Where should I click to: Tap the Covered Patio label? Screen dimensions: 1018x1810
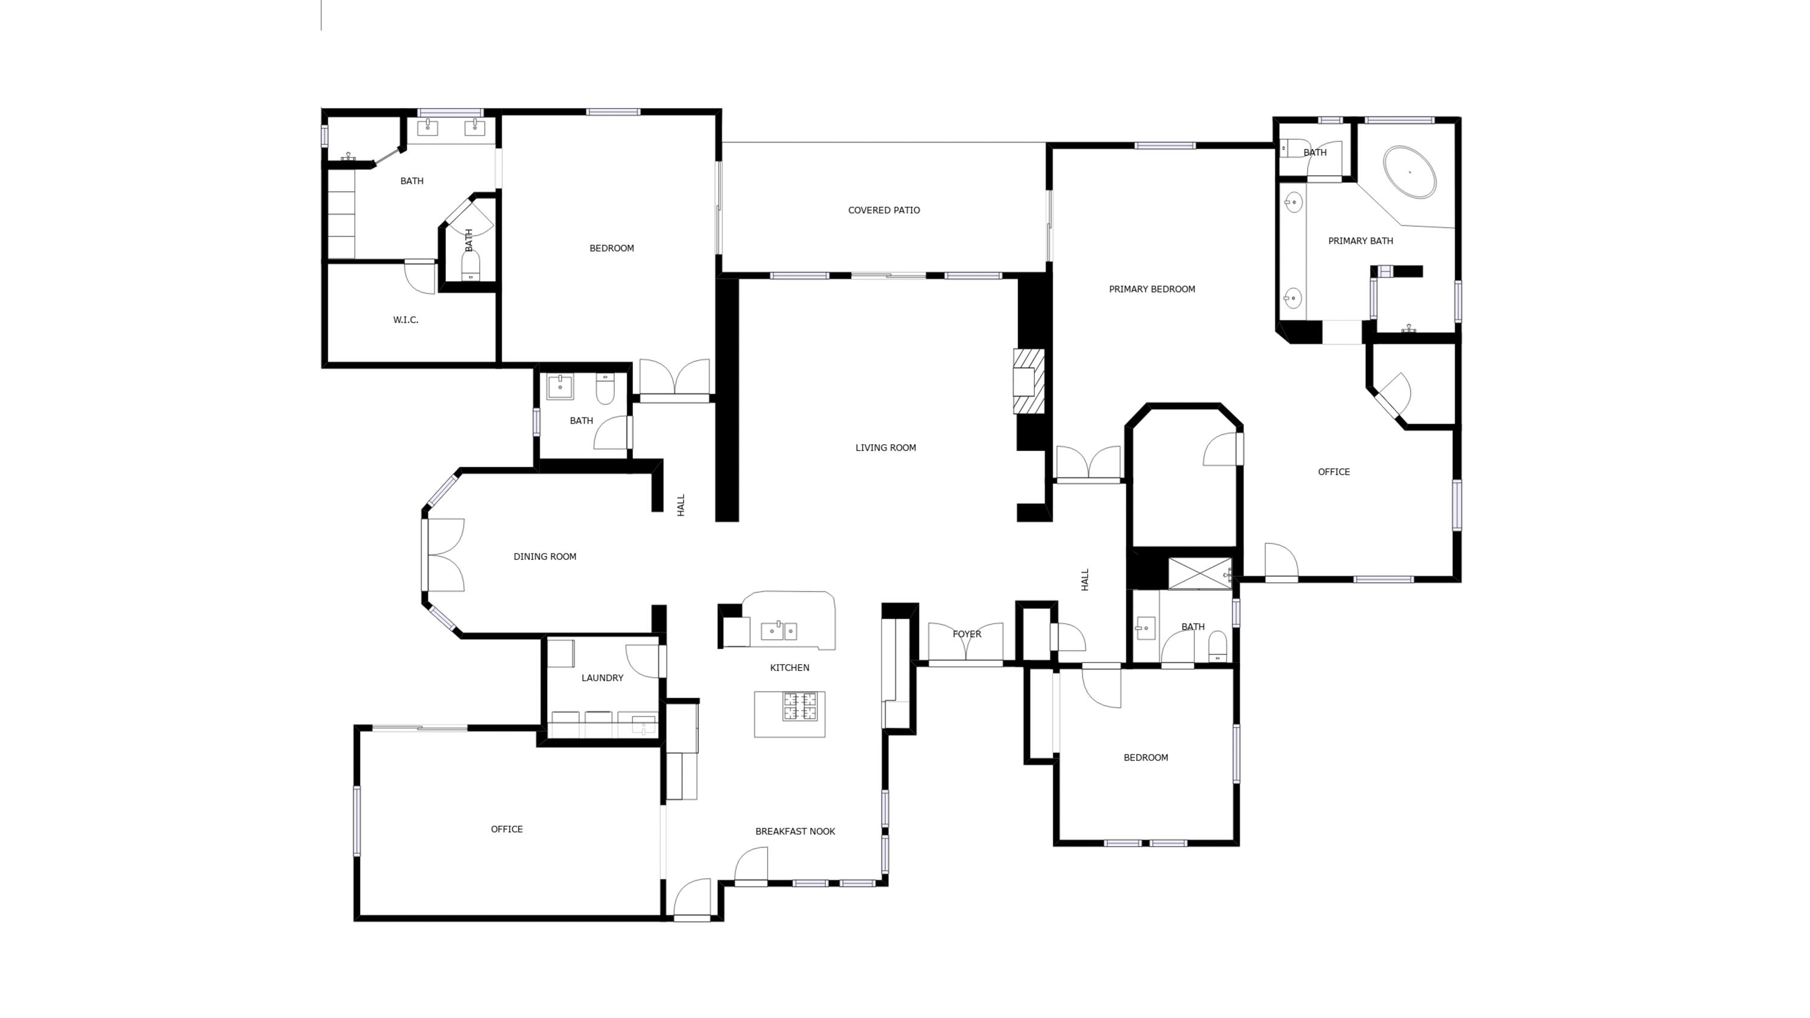pyautogui.click(x=883, y=210)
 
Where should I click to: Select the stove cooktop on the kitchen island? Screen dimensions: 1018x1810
pyautogui.click(x=800, y=707)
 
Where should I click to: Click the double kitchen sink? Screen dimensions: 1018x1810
pyautogui.click(x=780, y=631)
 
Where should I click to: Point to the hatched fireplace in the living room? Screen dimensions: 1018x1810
pyautogui.click(x=1029, y=381)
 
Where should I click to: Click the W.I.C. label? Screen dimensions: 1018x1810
pyautogui.click(x=405, y=320)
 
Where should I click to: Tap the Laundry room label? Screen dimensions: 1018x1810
pyautogui.click(x=602, y=678)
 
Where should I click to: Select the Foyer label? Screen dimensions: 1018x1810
pyautogui.click(x=966, y=634)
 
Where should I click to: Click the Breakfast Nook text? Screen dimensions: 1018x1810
pyautogui.click(x=795, y=831)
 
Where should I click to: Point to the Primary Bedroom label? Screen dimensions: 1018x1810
pyautogui.click(x=1152, y=289)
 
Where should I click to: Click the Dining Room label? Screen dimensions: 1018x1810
pyautogui.click(x=545, y=556)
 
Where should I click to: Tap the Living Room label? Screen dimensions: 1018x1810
pyautogui.click(x=885, y=448)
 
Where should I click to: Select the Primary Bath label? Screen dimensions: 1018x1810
pyautogui.click(x=1361, y=241)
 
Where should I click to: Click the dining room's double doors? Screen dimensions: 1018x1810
pyautogui.click(x=444, y=555)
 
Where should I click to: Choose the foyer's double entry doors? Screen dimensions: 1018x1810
pyautogui.click(x=965, y=643)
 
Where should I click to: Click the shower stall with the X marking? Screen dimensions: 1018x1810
pyautogui.click(x=1199, y=573)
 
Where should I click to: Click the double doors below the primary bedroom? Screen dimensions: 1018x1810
pyautogui.click(x=1088, y=463)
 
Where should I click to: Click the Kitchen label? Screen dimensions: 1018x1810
pyautogui.click(x=789, y=667)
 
